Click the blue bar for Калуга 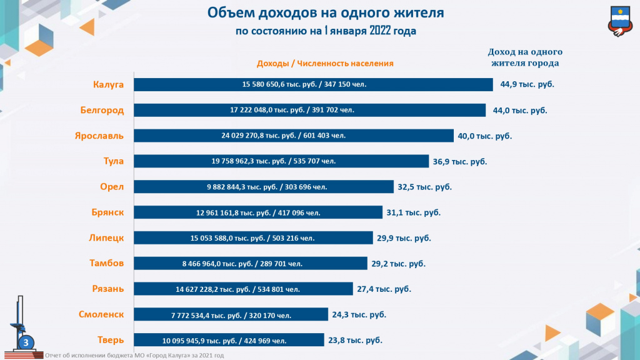coord(312,84)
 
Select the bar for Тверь coord(229,341)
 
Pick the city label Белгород coord(102,110)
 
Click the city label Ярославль coord(100,136)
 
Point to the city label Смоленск coord(101,314)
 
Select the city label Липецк coord(106,237)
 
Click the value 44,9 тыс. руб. coord(527,84)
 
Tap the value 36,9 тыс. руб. coord(459,161)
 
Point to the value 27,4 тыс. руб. coord(384,289)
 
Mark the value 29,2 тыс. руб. coord(398,264)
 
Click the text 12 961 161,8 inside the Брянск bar coord(217,212)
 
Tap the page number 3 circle coord(26,342)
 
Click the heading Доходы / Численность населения coord(325,63)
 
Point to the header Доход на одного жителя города coord(525,57)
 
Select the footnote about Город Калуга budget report coord(134,356)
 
